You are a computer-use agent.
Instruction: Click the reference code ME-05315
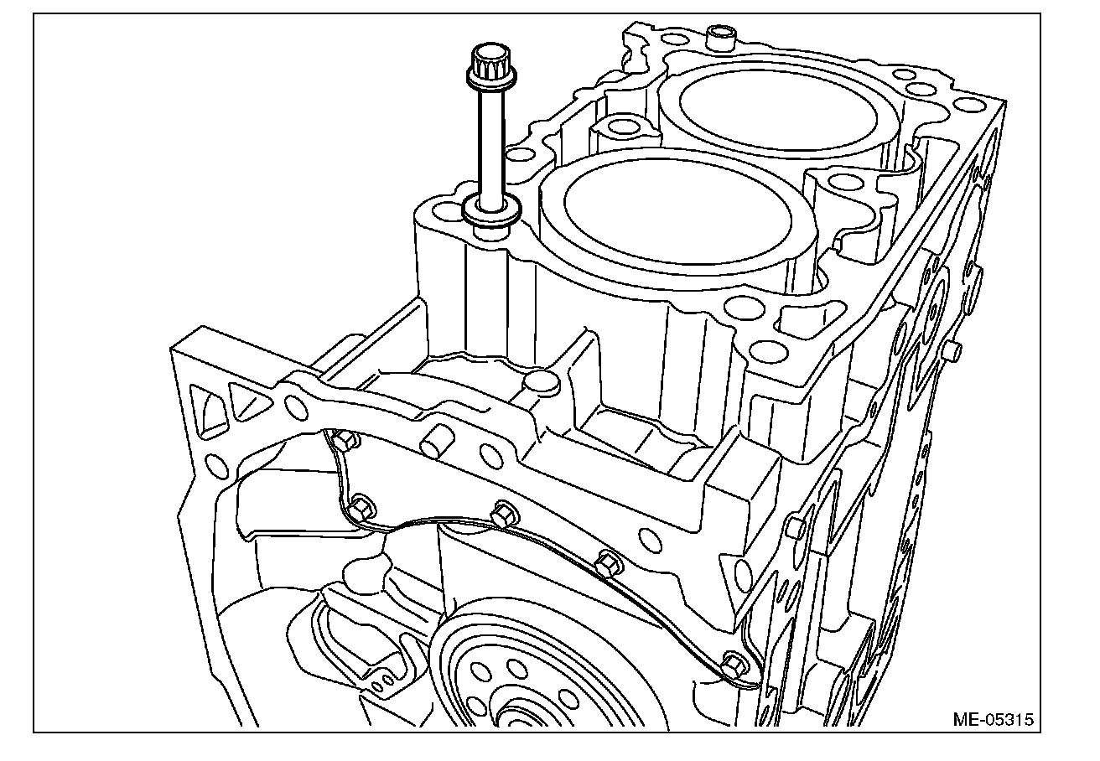993,719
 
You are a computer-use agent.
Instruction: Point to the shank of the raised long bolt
489,142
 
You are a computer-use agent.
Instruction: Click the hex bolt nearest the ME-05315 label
731,665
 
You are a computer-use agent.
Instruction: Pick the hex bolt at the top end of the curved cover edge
340,439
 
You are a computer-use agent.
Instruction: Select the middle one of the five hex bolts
503,512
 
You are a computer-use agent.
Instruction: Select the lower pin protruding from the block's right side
796,527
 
